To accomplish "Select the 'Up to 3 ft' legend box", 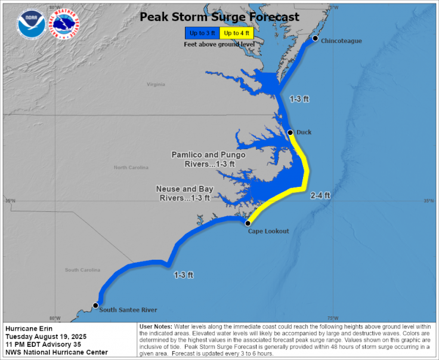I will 201,33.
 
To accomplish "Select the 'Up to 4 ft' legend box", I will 236,33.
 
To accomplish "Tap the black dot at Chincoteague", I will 315,38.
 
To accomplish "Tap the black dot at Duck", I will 290,133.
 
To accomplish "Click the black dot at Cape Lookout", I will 248,223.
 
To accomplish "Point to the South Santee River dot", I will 95,305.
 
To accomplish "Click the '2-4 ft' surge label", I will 320,195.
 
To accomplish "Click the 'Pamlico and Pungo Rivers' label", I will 208,159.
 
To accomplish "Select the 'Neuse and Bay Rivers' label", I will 184,193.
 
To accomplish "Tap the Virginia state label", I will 156,84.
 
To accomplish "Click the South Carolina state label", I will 82,270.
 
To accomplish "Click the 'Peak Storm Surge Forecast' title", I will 219,17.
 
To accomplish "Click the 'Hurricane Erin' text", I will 28,328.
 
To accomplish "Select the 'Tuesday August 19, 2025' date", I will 46,336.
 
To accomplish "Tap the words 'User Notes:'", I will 156,327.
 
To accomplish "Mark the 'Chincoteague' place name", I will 341,41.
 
